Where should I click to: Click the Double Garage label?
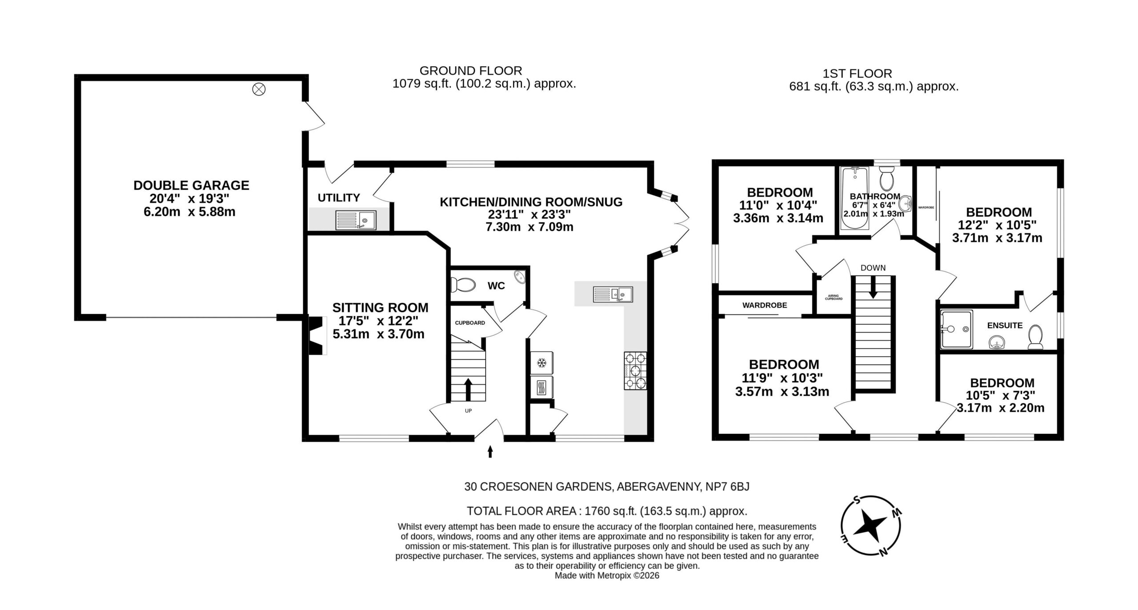191,185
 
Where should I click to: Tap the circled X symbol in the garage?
259,90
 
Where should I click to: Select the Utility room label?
339,197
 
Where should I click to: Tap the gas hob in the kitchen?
635,371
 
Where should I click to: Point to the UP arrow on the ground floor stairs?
468,389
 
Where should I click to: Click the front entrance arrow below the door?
490,452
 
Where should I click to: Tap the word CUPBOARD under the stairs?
470,323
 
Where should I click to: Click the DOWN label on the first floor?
873,268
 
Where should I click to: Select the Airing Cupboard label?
833,297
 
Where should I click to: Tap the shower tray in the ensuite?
956,329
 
